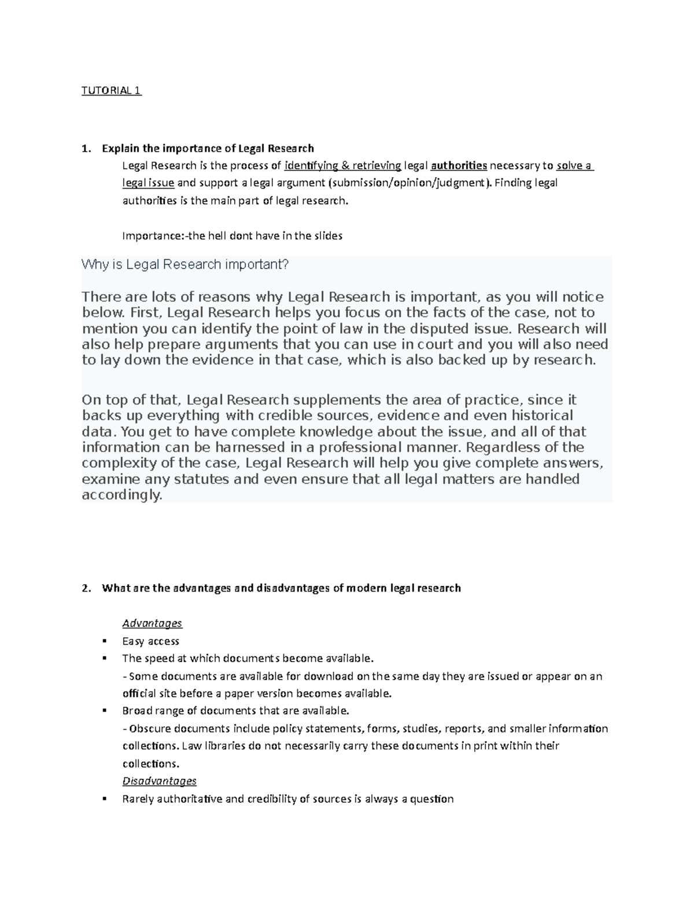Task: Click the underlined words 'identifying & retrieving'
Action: tap(342, 166)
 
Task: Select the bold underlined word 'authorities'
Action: tap(459, 166)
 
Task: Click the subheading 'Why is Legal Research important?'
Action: tap(185, 265)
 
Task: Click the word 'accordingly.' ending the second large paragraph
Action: tap(123, 496)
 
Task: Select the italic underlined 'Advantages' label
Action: tap(152, 623)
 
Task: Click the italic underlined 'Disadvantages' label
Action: tap(160, 781)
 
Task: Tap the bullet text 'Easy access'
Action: tap(151, 641)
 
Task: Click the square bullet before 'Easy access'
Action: tap(104, 641)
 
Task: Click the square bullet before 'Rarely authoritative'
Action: tap(104, 799)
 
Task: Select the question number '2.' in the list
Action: tap(86, 588)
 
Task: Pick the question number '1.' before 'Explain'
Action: tap(86, 148)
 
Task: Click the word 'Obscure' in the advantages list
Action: tap(150, 728)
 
